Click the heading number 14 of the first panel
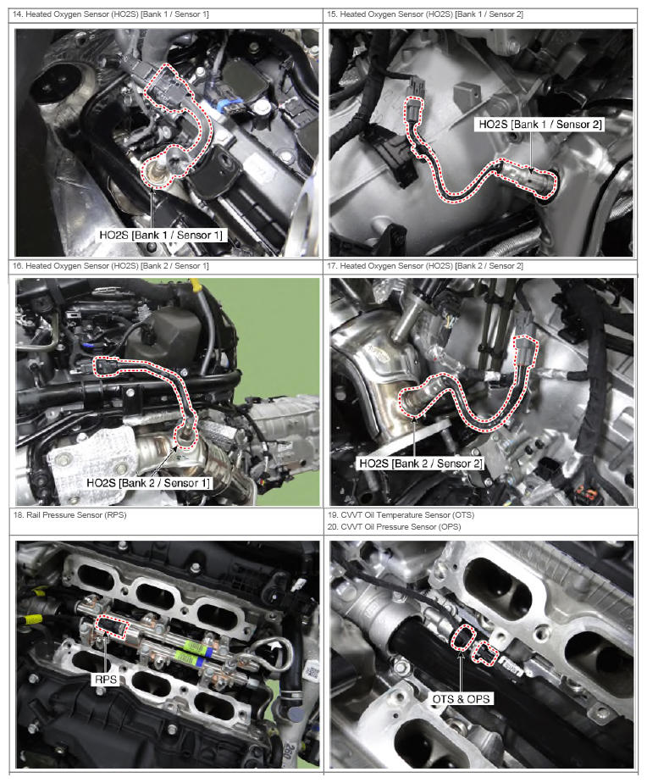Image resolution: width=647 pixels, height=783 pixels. click(x=17, y=14)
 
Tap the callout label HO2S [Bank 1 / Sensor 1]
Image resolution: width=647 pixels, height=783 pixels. click(x=161, y=236)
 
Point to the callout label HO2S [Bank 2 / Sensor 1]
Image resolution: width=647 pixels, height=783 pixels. click(x=148, y=483)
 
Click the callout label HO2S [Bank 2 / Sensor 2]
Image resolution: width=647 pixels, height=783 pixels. click(x=421, y=464)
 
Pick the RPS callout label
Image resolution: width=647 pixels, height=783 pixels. click(x=105, y=679)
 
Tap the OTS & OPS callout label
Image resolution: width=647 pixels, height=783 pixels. click(x=461, y=698)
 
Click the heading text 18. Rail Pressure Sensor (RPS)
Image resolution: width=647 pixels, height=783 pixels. click(x=70, y=515)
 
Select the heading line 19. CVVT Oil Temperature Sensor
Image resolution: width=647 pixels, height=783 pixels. click(x=401, y=515)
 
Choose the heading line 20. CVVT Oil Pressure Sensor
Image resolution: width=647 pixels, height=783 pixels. click(x=395, y=527)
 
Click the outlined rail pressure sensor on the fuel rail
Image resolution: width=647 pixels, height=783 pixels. click(x=112, y=627)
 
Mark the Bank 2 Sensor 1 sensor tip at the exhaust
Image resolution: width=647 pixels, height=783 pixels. click(x=185, y=436)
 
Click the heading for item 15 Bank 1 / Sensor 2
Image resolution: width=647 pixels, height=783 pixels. click(x=425, y=14)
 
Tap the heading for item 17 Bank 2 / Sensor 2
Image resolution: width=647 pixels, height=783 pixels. click(x=425, y=266)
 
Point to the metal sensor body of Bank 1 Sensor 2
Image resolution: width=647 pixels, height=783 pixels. click(x=527, y=177)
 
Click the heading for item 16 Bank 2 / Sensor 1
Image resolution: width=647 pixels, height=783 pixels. click(x=111, y=266)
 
